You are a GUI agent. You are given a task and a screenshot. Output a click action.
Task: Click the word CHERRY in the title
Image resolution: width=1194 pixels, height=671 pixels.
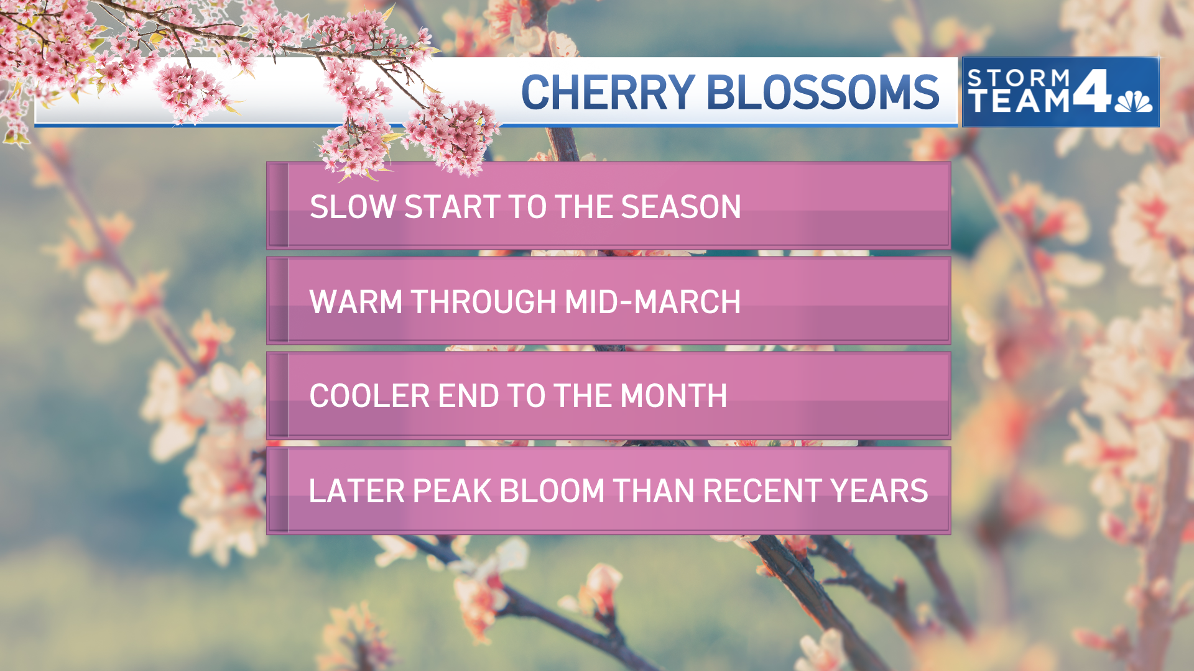[x=608, y=93]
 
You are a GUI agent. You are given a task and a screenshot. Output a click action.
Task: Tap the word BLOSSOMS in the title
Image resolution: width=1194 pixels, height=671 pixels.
[x=823, y=93]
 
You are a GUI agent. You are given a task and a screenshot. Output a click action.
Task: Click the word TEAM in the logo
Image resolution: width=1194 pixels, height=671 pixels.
[x=1019, y=101]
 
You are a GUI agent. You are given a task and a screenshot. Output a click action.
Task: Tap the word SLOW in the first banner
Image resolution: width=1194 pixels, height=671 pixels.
[x=353, y=207]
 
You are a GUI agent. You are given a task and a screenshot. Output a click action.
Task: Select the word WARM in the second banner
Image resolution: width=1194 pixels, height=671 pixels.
[x=356, y=302]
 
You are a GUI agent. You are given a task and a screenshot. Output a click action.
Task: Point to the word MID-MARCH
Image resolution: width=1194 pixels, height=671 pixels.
[x=653, y=302]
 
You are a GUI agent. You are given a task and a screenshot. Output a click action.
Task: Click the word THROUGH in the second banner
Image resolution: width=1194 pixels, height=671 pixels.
[x=484, y=302]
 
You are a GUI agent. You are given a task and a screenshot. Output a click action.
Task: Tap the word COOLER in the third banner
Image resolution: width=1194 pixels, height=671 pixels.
[x=369, y=396]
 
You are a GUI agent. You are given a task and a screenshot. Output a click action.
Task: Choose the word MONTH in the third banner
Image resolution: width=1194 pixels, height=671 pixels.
[x=673, y=396]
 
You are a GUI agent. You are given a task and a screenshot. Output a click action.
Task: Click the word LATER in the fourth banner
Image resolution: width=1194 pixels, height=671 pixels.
[x=356, y=491]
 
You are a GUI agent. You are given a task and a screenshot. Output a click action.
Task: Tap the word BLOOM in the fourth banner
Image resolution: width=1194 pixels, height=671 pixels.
[x=552, y=491]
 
